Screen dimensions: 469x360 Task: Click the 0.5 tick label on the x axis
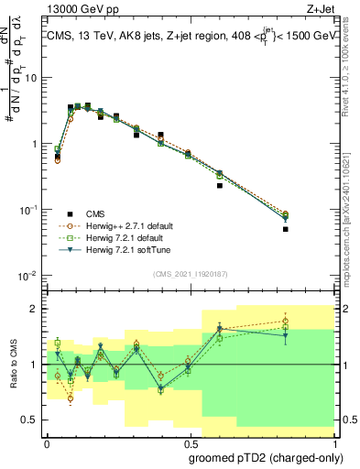(188, 441)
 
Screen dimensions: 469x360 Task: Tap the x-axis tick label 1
(333, 441)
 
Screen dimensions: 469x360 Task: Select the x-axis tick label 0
(46, 441)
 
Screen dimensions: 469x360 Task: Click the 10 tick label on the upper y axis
(30, 77)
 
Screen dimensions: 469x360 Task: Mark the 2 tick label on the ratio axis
(34, 309)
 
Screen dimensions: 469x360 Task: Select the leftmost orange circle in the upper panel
(58, 159)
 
